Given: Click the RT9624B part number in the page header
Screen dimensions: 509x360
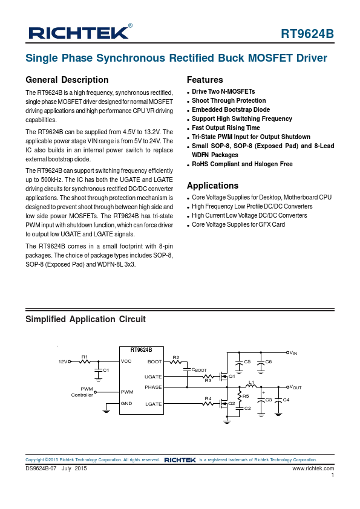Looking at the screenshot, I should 307,34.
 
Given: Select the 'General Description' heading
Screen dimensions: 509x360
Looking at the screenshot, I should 67,80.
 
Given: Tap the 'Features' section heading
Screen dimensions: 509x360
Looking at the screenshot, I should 205,80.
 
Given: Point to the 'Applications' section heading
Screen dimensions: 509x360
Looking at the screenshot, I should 212,186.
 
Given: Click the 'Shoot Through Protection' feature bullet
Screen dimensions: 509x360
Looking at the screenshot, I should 229,101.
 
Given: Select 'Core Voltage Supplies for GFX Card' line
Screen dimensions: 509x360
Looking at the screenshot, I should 238,225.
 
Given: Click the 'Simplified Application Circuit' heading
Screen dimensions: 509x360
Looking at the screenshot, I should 85,319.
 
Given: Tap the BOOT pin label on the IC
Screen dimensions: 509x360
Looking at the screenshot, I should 154,361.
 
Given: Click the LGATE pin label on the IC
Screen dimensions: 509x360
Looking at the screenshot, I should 153,404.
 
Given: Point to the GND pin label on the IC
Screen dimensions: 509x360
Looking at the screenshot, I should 126,404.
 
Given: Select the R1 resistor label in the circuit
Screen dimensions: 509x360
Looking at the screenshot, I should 85,357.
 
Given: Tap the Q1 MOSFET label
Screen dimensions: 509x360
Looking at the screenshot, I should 232,376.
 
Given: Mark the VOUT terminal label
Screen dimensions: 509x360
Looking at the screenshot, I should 295,387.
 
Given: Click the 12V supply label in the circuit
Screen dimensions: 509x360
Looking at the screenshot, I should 62,361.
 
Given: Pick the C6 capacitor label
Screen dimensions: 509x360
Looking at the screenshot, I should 268,361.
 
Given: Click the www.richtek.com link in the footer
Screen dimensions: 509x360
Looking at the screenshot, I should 313,468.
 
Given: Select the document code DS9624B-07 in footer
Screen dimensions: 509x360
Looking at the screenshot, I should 41,468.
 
